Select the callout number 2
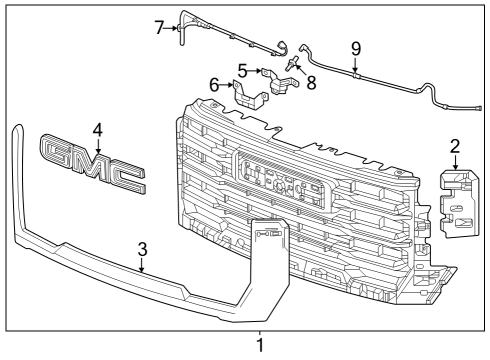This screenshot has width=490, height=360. [x=454, y=147]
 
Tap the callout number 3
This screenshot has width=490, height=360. [x=143, y=249]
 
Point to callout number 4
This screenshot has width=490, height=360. [x=97, y=129]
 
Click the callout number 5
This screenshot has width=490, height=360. [x=242, y=70]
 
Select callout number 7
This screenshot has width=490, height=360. [x=160, y=27]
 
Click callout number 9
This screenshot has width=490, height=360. [x=355, y=47]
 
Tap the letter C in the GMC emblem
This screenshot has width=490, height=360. [x=128, y=178]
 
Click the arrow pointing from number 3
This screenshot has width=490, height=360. [x=143, y=265]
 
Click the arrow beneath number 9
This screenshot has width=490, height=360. [x=355, y=66]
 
